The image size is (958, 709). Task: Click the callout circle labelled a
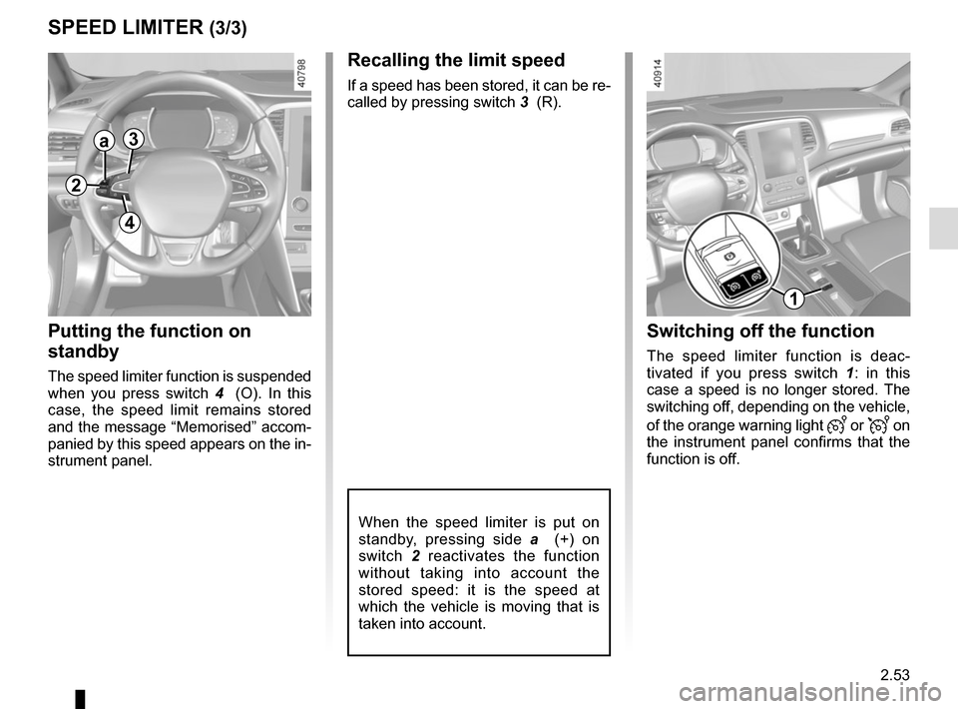click(105, 141)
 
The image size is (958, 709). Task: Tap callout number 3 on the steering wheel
click(134, 139)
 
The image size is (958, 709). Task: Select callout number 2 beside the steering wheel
click(76, 184)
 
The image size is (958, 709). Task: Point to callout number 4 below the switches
click(130, 222)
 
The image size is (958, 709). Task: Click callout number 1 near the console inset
click(793, 299)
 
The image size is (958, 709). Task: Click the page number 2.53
click(895, 675)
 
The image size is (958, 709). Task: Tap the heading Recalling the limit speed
click(456, 60)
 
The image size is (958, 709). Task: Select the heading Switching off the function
click(760, 331)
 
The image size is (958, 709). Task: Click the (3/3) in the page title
click(228, 28)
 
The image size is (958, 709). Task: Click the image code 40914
click(657, 74)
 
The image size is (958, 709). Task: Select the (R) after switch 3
click(549, 102)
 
